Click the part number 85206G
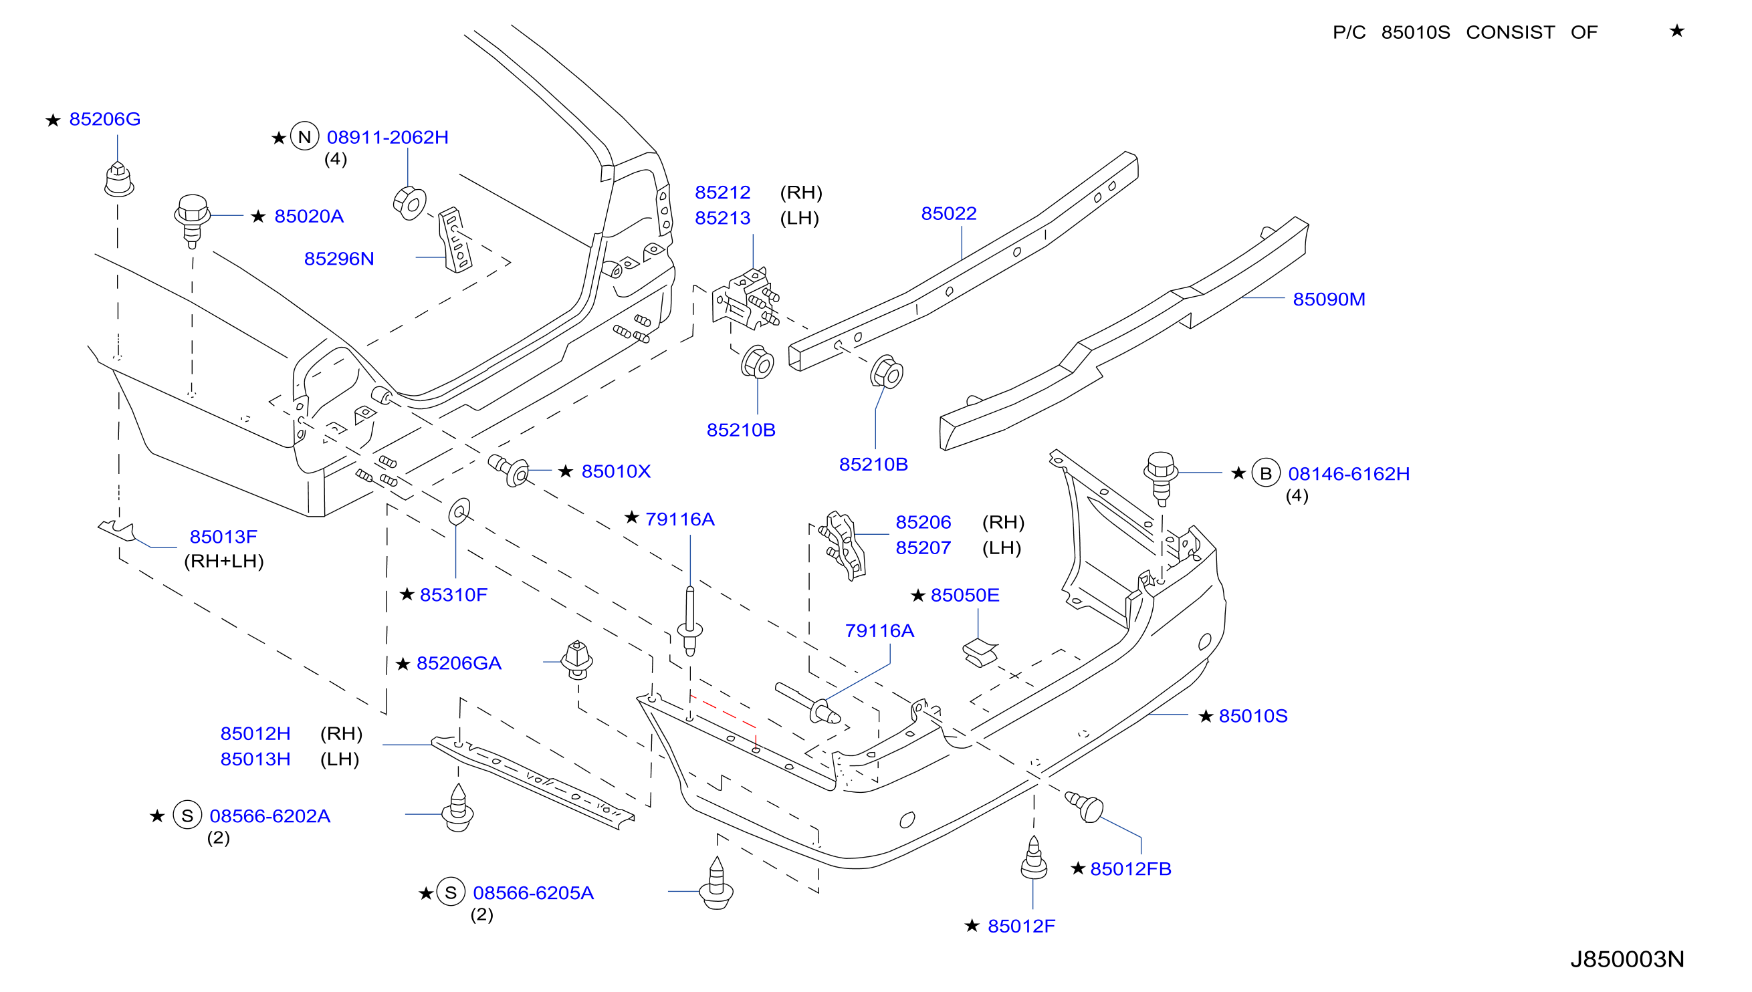pos(105,119)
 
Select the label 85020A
pos(309,217)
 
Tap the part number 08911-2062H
pos(388,138)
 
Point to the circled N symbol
pos(305,136)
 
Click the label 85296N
pos(338,259)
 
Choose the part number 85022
pos(949,214)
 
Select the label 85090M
pos(1329,299)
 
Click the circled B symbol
pos(1265,473)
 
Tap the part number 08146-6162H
pos(1349,474)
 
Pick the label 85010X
pos(616,471)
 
